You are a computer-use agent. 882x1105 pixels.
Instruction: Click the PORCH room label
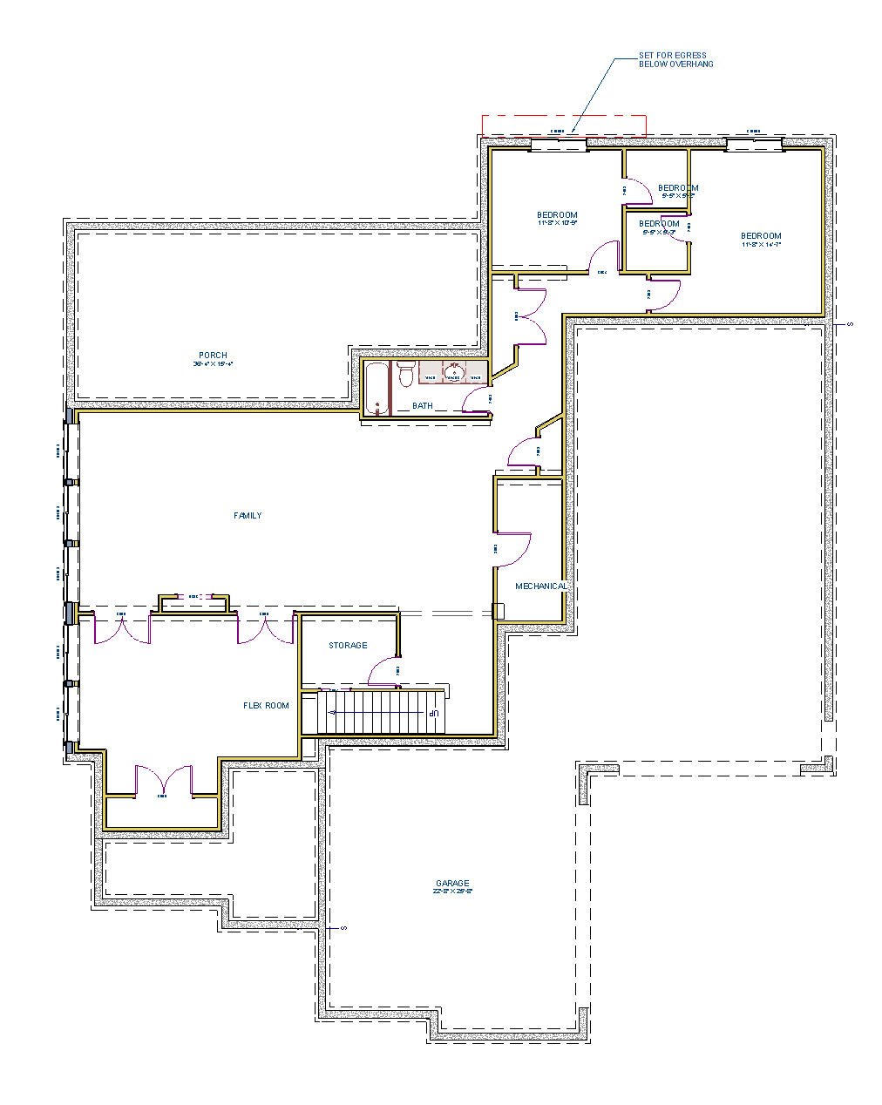[x=213, y=355]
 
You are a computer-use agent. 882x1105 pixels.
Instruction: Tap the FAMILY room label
[x=248, y=516]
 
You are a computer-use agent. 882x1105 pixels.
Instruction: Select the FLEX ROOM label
[x=266, y=706]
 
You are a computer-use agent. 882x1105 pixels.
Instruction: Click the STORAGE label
[x=348, y=646]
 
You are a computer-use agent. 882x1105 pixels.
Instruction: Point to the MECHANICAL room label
[x=541, y=586]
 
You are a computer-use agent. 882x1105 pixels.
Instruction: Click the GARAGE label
[x=452, y=883]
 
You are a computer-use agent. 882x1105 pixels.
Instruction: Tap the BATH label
[x=423, y=406]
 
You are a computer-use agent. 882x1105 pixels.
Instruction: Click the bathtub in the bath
[x=376, y=389]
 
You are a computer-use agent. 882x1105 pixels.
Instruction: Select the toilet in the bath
[x=405, y=376]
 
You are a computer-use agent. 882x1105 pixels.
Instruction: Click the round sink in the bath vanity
[x=453, y=374]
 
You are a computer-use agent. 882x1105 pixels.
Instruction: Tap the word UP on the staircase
[x=432, y=714]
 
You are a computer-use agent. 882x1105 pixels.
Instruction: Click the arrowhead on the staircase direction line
[x=331, y=713]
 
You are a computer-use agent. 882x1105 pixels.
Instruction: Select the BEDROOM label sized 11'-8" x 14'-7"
[x=761, y=236]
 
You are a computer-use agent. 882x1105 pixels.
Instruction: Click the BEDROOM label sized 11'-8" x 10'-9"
[x=557, y=215]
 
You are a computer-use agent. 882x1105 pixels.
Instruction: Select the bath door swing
[x=475, y=398]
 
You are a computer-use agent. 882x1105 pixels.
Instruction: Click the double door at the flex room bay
[x=162, y=780]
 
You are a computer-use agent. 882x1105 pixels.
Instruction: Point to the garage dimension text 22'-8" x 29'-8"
[x=452, y=891]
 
